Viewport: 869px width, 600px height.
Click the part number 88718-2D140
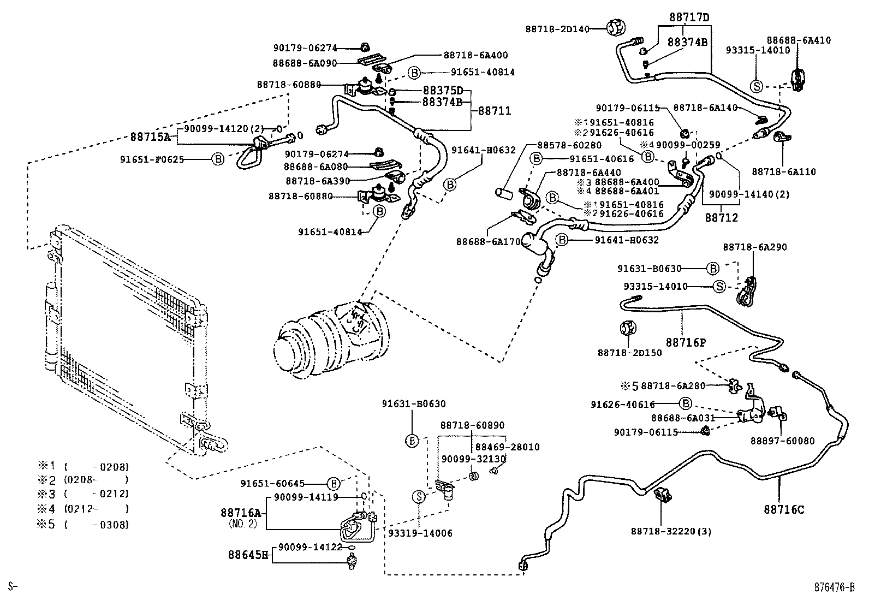(x=558, y=28)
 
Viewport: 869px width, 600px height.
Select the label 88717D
(x=690, y=17)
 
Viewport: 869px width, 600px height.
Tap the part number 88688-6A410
(x=799, y=40)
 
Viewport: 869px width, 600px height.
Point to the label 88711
(x=495, y=111)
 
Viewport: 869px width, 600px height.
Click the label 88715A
(x=150, y=137)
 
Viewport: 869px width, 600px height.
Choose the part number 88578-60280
(x=569, y=145)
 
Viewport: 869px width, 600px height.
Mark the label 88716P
(x=686, y=342)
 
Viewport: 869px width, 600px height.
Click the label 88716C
(x=784, y=510)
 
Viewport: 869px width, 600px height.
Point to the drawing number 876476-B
(x=834, y=587)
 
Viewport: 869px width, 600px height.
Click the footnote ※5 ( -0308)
(x=83, y=525)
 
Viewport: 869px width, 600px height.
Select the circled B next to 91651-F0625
(x=218, y=159)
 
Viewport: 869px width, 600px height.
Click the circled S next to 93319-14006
(x=419, y=497)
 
